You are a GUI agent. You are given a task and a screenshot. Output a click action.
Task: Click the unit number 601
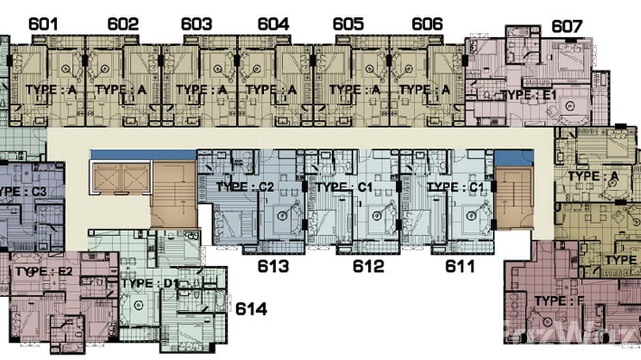pyautogui.click(x=43, y=24)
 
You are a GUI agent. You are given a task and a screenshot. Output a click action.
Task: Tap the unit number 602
pyautogui.click(x=123, y=24)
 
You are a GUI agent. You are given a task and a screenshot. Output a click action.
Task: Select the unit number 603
pyautogui.click(x=196, y=24)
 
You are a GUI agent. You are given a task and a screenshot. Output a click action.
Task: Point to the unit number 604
pyautogui.click(x=273, y=24)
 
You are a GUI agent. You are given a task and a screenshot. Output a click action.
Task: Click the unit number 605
pyautogui.click(x=348, y=24)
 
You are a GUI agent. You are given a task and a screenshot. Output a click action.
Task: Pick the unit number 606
pyautogui.click(x=427, y=24)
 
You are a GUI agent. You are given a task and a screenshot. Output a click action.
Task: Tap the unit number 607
pyautogui.click(x=567, y=26)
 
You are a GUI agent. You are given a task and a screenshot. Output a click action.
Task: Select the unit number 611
pyautogui.click(x=460, y=266)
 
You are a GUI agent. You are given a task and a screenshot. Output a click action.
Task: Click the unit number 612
pyautogui.click(x=368, y=266)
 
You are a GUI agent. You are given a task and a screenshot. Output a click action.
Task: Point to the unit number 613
pyautogui.click(x=273, y=266)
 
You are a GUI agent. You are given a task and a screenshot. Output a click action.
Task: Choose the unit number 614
pyautogui.click(x=251, y=309)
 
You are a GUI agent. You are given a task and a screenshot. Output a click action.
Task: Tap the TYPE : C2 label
pyautogui.click(x=245, y=187)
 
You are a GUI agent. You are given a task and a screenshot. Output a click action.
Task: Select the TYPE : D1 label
pyautogui.click(x=150, y=284)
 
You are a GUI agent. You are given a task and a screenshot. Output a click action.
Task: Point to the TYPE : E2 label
pyautogui.click(x=44, y=272)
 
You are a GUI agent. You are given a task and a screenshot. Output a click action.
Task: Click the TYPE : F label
pyautogui.click(x=559, y=301)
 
